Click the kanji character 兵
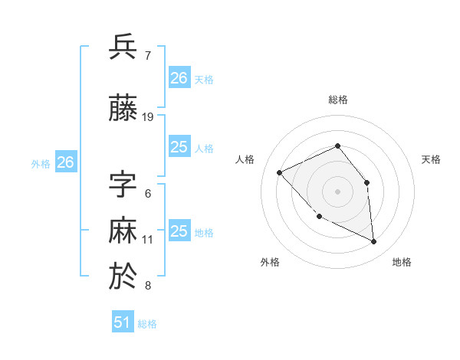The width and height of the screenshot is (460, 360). pos(123,47)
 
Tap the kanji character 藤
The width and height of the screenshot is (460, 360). pos(123,109)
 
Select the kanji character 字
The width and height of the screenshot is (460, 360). pos(123,185)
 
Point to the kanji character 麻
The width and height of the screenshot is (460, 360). pos(123,231)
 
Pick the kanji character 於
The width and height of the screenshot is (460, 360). pos(123,277)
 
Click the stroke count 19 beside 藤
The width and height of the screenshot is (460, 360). pos(148,117)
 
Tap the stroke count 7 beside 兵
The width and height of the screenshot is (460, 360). pos(147,56)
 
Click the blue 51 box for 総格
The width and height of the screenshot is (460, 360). pos(123,322)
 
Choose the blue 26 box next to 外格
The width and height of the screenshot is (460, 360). pos(66,162)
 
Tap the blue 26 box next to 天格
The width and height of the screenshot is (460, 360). pos(179,78)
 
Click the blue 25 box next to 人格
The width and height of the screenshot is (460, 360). pos(179,147)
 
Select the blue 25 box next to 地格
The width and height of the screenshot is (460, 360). pos(179,231)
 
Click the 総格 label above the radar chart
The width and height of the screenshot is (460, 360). pos(337,100)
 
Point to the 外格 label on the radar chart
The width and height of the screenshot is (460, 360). pos(270,262)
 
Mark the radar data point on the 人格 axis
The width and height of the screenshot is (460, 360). pos(280,172)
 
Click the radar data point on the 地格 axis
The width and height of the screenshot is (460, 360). pos(373,242)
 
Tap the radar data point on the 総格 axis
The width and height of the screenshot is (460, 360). pos(337,146)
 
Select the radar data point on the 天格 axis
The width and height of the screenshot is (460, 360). pos(366,182)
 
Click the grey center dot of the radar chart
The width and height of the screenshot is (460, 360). pos(337,191)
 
